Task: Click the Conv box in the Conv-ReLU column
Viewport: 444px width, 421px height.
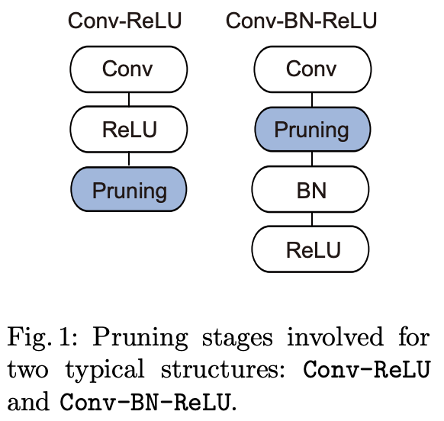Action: [x=129, y=69]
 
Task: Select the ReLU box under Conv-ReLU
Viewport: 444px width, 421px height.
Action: [x=129, y=130]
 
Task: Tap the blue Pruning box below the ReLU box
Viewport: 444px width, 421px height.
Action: [x=129, y=189]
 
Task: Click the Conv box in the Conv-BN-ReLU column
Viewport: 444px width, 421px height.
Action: [x=312, y=69]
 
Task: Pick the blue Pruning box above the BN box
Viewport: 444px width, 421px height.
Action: [x=312, y=130]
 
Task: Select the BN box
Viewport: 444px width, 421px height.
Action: [x=310, y=189]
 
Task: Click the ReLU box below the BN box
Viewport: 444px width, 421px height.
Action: [x=310, y=249]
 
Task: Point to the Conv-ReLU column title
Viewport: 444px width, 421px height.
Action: [x=124, y=21]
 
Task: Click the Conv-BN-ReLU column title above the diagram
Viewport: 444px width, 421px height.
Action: [x=301, y=21]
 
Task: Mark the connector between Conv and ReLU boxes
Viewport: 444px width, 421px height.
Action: [x=129, y=99]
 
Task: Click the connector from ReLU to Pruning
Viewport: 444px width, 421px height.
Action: [x=129, y=159]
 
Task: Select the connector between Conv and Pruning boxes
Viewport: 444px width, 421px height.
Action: [x=312, y=100]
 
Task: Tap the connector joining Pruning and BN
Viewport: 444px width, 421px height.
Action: [x=312, y=159]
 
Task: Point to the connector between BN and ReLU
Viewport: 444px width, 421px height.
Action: [x=312, y=219]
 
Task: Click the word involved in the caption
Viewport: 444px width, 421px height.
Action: [x=335, y=336]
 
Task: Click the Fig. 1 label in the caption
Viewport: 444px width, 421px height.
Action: [x=42, y=336]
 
